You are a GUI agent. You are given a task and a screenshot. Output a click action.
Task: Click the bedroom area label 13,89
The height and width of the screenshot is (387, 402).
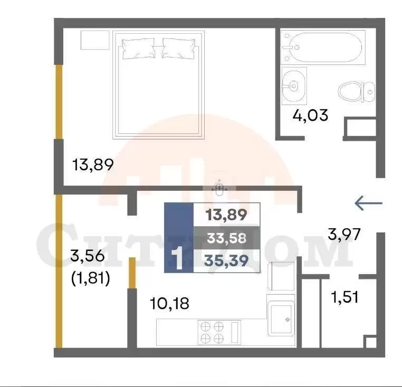point(93,165)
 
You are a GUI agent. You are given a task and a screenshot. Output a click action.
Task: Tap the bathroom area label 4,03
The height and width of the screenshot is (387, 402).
point(310,115)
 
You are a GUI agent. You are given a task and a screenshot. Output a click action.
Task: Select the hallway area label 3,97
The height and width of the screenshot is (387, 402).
point(344,234)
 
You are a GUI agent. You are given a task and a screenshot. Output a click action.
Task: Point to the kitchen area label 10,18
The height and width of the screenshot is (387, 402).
point(169,304)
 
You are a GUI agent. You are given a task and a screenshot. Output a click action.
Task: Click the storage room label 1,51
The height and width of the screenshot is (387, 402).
point(344,297)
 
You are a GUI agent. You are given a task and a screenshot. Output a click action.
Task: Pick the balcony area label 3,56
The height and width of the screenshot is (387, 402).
point(88,256)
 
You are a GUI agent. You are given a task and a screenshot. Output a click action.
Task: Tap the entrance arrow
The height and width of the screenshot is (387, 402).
point(368,203)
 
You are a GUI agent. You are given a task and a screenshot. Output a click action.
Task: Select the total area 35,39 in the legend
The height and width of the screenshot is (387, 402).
point(227,261)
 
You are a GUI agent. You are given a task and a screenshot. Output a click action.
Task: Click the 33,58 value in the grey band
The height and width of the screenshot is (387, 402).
point(227,238)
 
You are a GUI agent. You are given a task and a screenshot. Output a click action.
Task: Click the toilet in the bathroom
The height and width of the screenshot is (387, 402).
point(357,92)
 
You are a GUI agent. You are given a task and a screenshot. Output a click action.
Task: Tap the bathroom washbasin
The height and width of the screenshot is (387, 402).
point(294,86)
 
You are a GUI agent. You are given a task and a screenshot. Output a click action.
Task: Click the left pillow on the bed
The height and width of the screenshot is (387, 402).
point(139,49)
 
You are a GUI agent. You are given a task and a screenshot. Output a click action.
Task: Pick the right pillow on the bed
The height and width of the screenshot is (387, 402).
point(179,49)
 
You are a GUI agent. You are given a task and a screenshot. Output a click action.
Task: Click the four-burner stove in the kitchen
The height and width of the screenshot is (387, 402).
point(212,332)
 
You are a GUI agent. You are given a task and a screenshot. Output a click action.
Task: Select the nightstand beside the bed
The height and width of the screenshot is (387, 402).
point(95,40)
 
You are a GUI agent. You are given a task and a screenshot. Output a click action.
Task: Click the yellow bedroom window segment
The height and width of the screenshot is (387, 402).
point(59,102)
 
